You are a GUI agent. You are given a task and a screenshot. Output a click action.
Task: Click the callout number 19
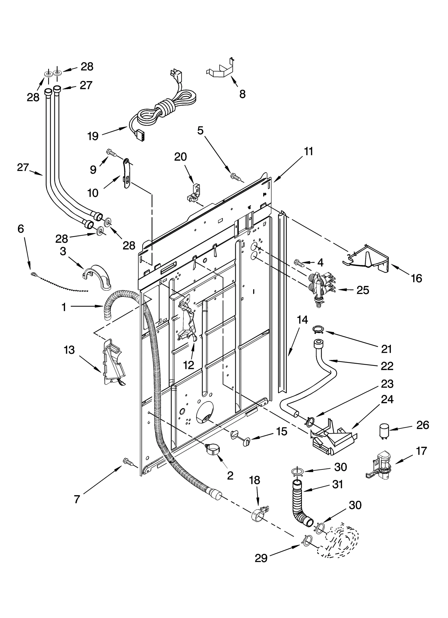[93, 136]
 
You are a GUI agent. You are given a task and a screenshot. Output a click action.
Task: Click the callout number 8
[242, 94]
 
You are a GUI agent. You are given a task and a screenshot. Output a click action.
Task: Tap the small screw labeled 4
[299, 263]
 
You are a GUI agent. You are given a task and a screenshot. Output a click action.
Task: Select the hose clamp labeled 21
[318, 330]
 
